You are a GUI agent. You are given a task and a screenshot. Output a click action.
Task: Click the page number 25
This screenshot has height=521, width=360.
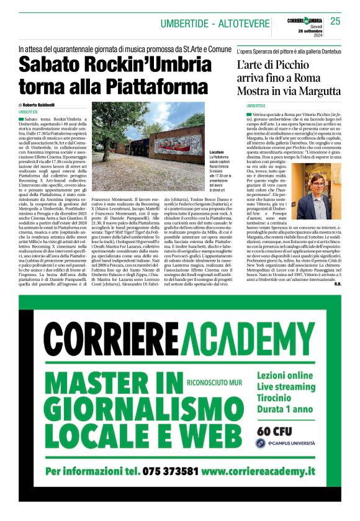coord(335,21)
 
